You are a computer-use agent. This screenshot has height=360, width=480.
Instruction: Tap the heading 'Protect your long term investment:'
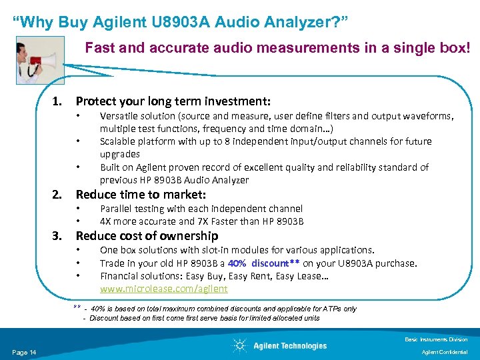point(173,101)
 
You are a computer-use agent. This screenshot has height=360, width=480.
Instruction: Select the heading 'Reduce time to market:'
point(141,195)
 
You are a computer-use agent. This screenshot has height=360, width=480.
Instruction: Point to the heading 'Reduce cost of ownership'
point(147,236)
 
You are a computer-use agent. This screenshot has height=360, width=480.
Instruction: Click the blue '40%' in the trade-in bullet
point(238,263)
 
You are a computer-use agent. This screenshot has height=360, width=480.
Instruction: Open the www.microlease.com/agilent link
point(163,289)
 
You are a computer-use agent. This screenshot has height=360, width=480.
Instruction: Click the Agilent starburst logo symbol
point(239,345)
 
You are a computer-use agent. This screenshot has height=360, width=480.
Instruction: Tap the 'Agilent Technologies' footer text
point(290,345)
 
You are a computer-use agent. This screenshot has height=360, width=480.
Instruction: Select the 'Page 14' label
point(24,352)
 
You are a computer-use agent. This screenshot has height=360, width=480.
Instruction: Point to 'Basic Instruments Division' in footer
point(436,339)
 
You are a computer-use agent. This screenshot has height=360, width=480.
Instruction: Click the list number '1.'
point(58,101)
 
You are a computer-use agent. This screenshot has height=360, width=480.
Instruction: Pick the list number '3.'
point(58,236)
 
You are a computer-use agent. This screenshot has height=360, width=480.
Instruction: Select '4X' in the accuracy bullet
point(106,222)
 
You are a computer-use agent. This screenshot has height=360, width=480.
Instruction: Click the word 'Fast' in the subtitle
point(97,48)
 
